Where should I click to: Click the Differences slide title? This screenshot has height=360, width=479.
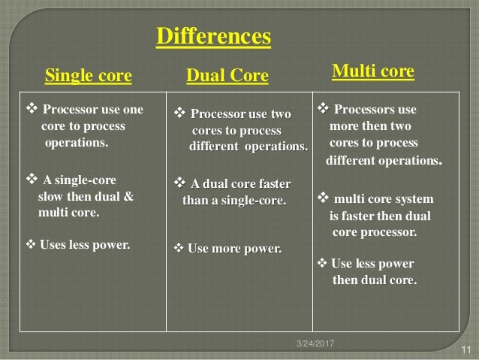(213, 36)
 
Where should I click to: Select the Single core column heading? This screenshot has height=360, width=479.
(89, 75)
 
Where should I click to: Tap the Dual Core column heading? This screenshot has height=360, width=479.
(227, 76)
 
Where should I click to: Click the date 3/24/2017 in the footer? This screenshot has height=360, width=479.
(313, 343)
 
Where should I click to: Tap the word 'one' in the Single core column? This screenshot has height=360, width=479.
(132, 110)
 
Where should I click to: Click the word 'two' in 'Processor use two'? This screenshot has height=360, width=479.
(279, 114)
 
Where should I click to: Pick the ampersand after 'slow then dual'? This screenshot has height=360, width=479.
(128, 196)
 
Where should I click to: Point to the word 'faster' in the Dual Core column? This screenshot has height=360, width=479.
(272, 184)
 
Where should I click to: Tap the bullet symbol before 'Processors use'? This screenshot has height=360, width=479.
(324, 110)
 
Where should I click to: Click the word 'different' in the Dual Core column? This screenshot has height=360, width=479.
(215, 146)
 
